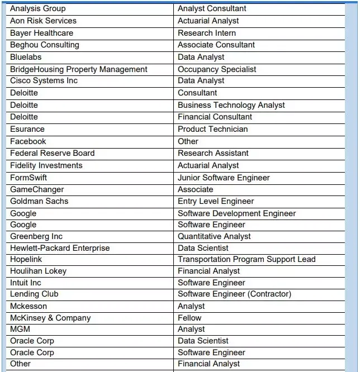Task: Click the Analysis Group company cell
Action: (x=37, y=8)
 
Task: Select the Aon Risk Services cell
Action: (x=43, y=21)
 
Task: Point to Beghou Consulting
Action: (x=45, y=45)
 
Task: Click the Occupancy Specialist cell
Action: (x=217, y=69)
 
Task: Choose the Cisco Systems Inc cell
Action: (x=44, y=81)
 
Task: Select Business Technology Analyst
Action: (x=231, y=105)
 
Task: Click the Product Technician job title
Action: (x=212, y=129)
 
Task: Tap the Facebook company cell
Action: (x=28, y=141)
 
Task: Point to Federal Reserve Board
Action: (x=52, y=153)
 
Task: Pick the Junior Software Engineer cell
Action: (x=224, y=178)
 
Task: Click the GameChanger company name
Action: (x=37, y=189)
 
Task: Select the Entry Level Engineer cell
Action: (x=216, y=201)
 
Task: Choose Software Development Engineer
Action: (x=236, y=213)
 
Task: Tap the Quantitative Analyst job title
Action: (x=214, y=236)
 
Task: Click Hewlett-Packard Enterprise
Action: (x=60, y=248)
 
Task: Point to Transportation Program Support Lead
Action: (x=247, y=259)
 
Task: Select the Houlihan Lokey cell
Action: (x=38, y=271)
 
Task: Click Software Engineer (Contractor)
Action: (x=234, y=294)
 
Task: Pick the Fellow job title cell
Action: (x=190, y=318)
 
